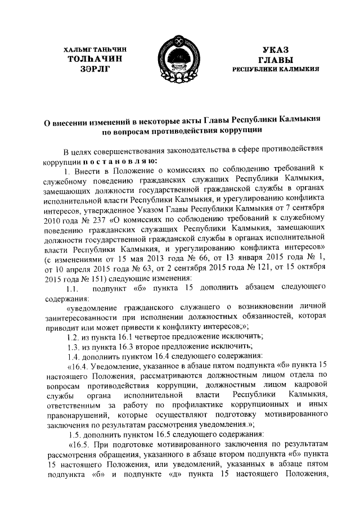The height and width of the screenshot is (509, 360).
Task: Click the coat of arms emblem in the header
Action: tap(179, 60)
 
